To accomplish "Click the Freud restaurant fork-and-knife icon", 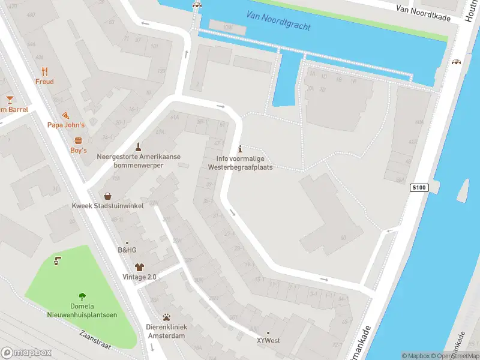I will (44, 70).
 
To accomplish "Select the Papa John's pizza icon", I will (66, 115).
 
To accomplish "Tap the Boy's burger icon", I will (79, 140).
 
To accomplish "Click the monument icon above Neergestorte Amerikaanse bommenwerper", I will (139, 146).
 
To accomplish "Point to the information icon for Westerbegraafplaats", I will (241, 148).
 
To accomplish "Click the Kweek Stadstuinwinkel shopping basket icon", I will (107, 196).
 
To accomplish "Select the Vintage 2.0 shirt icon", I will (139, 266).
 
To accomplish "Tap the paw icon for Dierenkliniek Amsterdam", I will (167, 317).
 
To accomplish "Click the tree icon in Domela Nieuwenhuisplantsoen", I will (82, 296).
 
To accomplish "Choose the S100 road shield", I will (419, 188).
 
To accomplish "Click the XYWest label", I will (268, 341).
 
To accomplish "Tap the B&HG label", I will (127, 250).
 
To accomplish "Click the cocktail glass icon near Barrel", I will (10, 99).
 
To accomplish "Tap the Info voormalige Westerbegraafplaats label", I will (240, 163).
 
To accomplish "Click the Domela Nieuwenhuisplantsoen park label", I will (82, 311).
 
